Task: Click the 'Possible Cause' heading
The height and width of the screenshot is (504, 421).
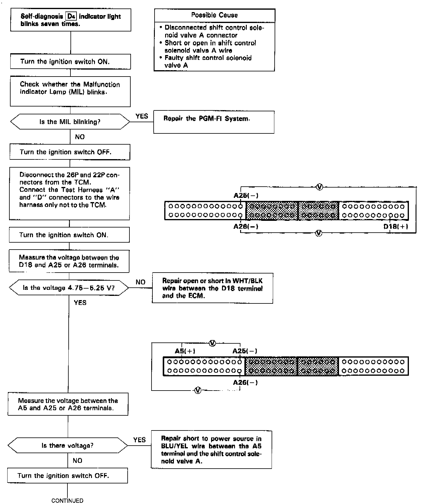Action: point(214,15)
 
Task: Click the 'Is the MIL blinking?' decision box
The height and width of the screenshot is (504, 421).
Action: point(70,122)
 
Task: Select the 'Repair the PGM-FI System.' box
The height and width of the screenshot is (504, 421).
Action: point(214,122)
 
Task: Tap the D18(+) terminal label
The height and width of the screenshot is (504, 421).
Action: point(396,227)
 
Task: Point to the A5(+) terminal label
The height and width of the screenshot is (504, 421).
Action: point(185,351)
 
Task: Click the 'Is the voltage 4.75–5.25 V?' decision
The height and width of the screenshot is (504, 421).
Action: point(69,288)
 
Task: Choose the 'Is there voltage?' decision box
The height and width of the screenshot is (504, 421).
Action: point(67,446)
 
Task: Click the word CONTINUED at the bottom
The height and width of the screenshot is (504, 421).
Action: point(67,501)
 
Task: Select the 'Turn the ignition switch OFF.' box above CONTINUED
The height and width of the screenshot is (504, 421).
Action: point(67,476)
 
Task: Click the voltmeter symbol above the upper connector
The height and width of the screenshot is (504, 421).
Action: point(319,187)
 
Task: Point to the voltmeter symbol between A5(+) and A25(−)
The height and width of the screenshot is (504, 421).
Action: point(212,343)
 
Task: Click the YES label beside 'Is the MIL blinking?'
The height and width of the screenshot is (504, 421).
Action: point(142,116)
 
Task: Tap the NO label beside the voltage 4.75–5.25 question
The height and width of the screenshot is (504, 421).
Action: point(140,282)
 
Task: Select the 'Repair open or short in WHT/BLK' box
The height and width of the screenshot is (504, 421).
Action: point(212,288)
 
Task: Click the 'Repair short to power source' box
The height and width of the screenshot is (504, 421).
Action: point(211,450)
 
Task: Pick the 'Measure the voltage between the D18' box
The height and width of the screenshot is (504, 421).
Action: point(69,261)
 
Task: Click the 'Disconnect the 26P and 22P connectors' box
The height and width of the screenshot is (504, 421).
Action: point(70,194)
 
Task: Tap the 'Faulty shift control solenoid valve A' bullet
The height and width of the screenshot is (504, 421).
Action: point(208,61)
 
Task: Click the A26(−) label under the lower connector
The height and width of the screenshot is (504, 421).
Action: point(245,382)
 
